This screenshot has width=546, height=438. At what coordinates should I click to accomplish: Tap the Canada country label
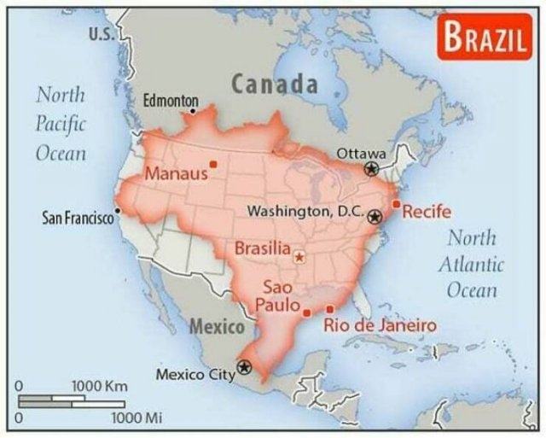tap(275, 85)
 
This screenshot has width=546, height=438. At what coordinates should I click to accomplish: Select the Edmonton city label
tap(170, 101)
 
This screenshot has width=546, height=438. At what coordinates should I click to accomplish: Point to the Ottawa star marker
tap(371, 169)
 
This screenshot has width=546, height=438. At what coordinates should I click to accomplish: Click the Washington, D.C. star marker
tap(374, 216)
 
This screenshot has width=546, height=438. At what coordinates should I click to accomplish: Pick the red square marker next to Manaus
tap(213, 164)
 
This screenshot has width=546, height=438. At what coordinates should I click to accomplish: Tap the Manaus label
tap(176, 174)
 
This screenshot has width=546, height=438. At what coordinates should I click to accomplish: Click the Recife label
tap(427, 212)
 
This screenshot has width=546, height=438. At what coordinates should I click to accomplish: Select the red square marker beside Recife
tap(396, 203)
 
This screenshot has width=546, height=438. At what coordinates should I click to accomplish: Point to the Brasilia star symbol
tap(299, 255)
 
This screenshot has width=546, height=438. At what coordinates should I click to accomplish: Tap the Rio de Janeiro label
tap(380, 325)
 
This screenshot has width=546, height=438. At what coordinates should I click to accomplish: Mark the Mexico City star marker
tap(245, 367)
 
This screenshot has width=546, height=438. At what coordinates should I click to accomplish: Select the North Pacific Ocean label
tap(61, 123)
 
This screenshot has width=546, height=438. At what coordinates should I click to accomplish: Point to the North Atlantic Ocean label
tap(471, 264)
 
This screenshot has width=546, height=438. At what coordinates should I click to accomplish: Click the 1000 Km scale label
tap(99, 387)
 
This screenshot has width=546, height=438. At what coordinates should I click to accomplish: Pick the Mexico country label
tap(216, 326)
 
